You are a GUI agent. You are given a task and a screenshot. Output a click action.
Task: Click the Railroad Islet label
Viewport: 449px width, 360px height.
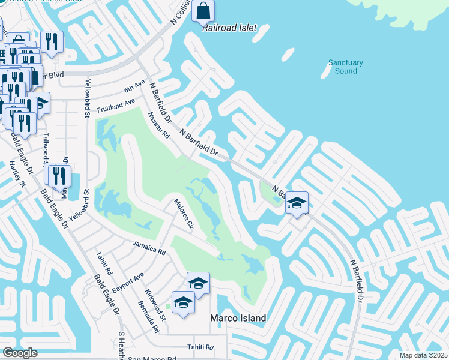[x=229, y=28]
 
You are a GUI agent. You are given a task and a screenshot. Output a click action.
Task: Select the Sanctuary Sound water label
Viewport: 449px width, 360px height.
[x=346, y=67]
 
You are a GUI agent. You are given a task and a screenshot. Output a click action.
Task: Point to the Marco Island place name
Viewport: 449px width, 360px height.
[x=238, y=317]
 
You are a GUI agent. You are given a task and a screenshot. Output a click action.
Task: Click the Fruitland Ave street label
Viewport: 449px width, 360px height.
[x=116, y=107]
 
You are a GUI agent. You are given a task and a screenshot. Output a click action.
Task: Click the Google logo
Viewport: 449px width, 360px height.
[x=20, y=353]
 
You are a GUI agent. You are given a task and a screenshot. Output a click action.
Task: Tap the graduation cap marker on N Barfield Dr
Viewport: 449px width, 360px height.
[x=297, y=203]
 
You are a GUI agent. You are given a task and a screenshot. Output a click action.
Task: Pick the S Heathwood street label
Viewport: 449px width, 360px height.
[x=121, y=344]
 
